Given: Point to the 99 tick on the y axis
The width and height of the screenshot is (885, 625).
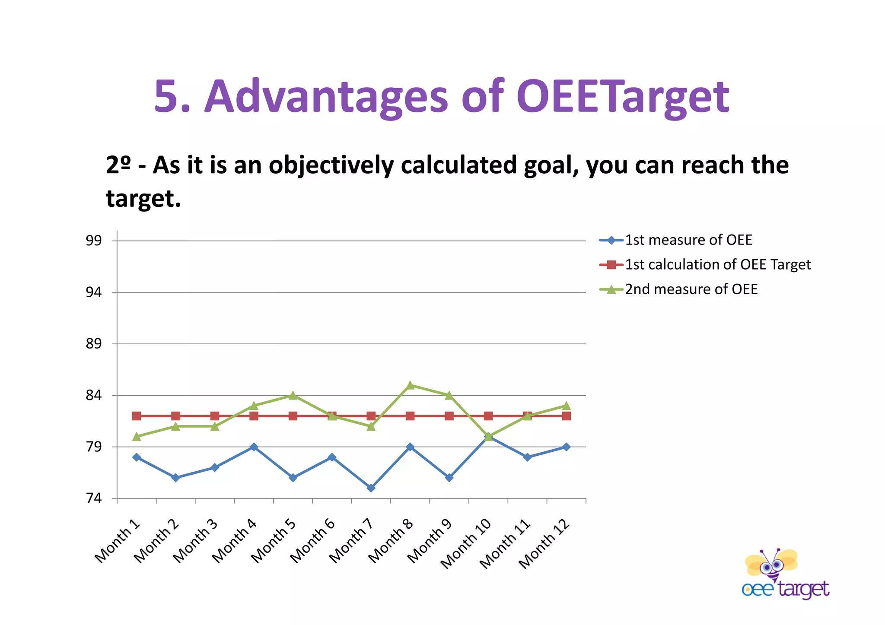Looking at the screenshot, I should [93, 241].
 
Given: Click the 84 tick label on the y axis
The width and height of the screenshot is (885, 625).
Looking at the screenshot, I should [93, 395].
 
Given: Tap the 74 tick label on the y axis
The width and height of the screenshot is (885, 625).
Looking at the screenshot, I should [93, 498].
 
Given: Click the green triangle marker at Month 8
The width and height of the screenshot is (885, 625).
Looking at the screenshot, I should [410, 385].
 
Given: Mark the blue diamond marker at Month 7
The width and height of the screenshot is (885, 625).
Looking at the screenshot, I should [371, 488].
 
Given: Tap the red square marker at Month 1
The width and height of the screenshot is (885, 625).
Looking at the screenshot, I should [137, 416].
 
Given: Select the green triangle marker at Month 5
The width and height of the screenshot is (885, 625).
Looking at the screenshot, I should [293, 395].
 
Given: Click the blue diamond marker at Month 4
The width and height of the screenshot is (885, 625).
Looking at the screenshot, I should [254, 447].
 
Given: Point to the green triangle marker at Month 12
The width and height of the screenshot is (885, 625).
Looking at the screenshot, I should [566, 406].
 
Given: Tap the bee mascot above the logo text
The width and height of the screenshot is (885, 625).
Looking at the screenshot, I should [771, 564].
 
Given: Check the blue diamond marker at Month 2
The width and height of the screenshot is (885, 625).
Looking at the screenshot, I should [175, 477].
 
